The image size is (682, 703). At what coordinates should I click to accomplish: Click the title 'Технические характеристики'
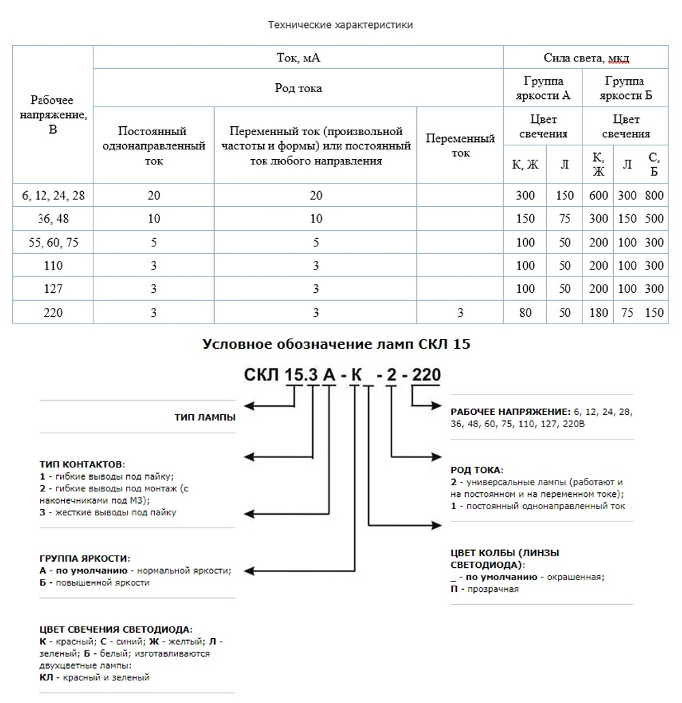[x=340, y=25]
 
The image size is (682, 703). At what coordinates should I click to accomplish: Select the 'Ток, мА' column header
[x=298, y=58]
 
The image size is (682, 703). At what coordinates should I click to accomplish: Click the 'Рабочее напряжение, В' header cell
[x=53, y=115]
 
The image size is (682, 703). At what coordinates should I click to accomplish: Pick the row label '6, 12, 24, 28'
[x=53, y=195]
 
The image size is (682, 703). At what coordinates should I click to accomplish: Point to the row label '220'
[x=53, y=313]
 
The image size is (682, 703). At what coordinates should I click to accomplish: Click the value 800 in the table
[x=653, y=195]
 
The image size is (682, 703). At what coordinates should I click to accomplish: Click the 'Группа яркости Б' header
[x=625, y=89]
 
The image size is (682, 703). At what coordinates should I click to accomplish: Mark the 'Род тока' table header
[x=298, y=88]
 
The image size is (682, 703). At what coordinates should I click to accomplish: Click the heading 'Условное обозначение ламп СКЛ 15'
[x=336, y=344]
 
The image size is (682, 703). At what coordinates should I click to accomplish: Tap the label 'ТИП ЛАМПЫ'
[x=205, y=418]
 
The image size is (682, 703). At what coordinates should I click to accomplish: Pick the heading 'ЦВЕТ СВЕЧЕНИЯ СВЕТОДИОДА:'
[x=116, y=629]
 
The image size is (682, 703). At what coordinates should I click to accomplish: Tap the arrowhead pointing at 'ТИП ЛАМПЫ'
[x=250, y=406]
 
